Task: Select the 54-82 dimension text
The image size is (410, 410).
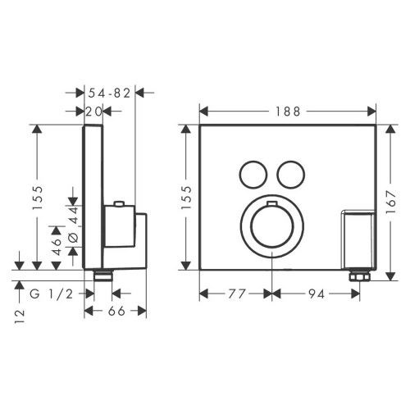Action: [109, 94]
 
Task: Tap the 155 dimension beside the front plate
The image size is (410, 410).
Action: [185, 196]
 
